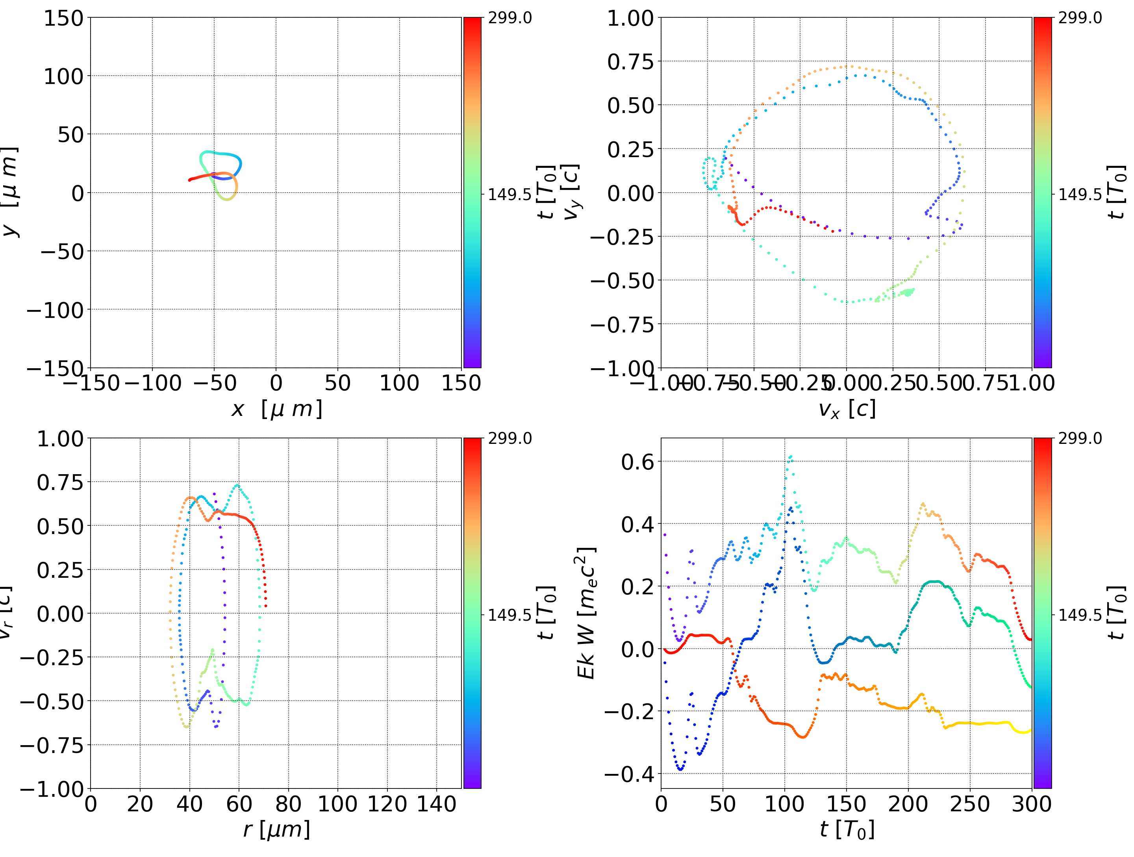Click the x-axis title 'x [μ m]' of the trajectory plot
click(276, 409)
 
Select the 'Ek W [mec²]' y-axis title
click(586, 613)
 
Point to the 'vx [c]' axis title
click(847, 409)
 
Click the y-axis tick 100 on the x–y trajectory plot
click(63, 76)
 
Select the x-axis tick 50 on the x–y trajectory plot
click(337, 383)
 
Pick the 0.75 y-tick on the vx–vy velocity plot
click(630, 61)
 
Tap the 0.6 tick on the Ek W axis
click(638, 462)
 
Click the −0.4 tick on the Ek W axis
click(630, 774)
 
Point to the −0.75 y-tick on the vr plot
click(51, 745)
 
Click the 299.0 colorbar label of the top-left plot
click(510, 18)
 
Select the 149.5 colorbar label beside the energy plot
click(1080, 614)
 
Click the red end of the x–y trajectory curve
click(190, 180)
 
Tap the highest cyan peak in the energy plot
click(790, 456)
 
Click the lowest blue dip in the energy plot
click(680, 769)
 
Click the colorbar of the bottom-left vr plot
click(472, 613)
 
